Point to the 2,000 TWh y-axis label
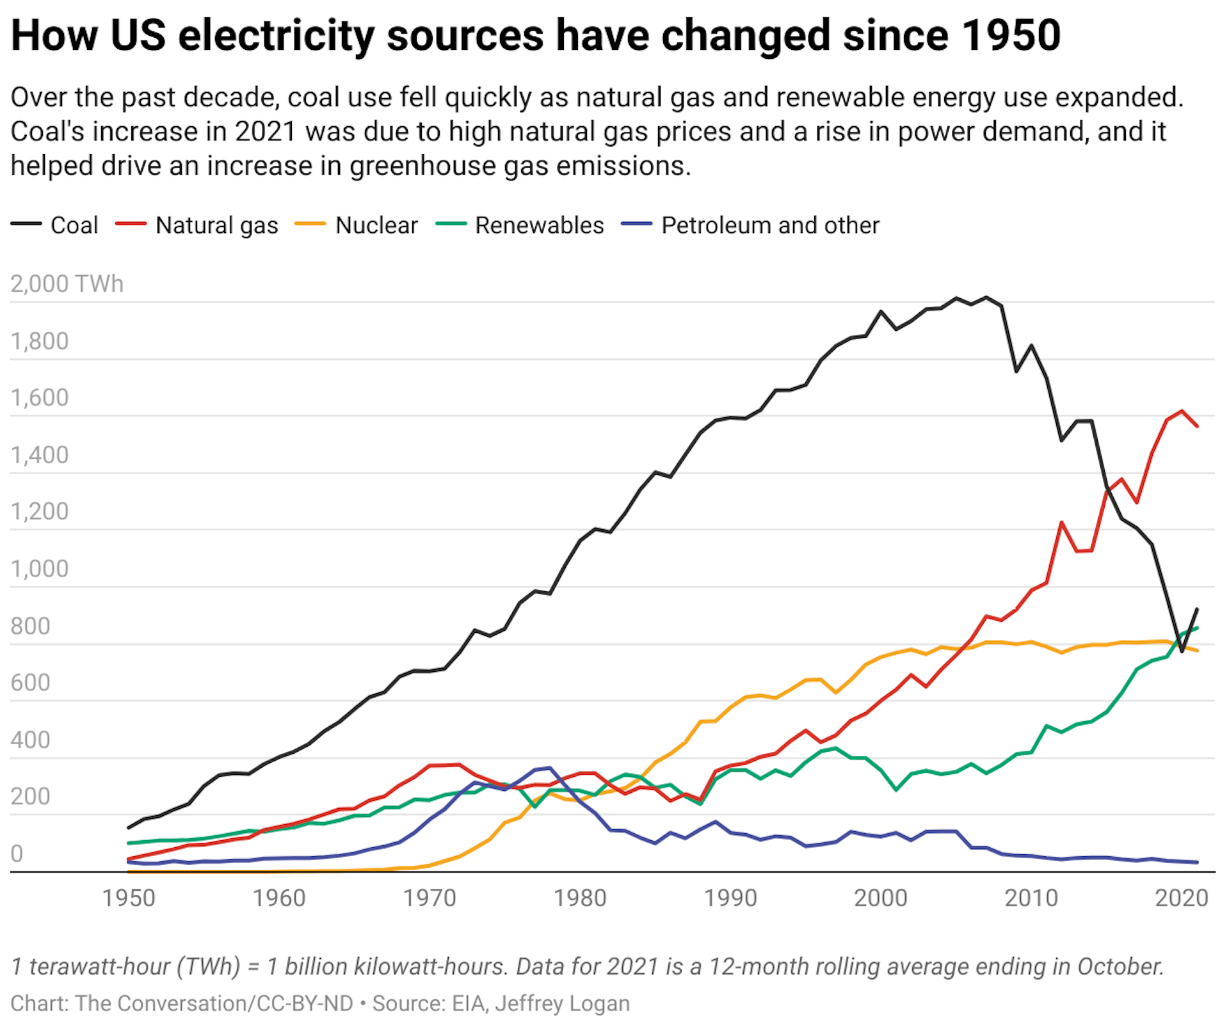click(67, 283)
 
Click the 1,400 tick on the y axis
click(39, 455)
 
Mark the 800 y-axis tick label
click(30, 626)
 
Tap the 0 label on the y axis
click(17, 854)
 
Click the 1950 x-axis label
click(129, 898)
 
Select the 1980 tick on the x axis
click(580, 898)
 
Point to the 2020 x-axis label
click(1182, 898)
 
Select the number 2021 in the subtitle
click(266, 132)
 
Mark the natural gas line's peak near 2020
click(1182, 411)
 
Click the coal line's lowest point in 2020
click(1182, 651)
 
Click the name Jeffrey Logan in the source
click(562, 1003)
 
